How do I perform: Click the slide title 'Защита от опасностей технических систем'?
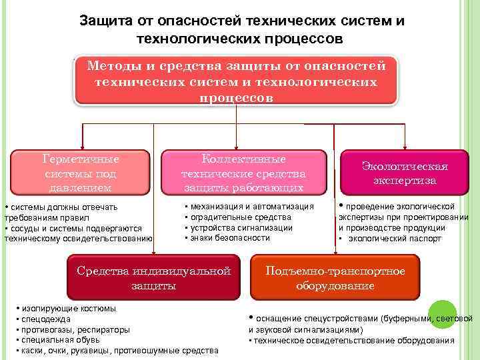[x=242, y=21]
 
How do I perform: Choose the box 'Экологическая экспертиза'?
[x=405, y=173]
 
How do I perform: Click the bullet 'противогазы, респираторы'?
[x=76, y=329]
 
